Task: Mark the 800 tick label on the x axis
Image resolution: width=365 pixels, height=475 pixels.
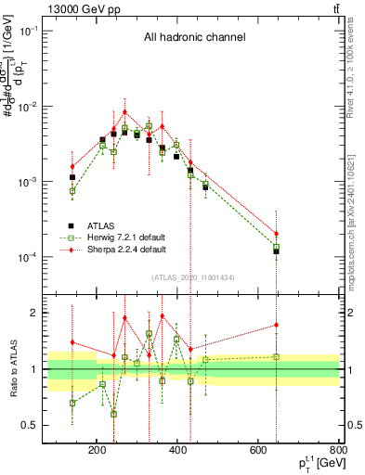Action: tap(339, 451)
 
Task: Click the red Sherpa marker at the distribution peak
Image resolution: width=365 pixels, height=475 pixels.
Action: tap(124, 111)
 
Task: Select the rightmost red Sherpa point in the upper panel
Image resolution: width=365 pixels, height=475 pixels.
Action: tap(276, 234)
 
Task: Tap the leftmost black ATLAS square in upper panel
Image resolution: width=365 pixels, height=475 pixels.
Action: tap(72, 177)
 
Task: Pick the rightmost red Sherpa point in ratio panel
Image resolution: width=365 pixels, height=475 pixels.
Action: tap(276, 325)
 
